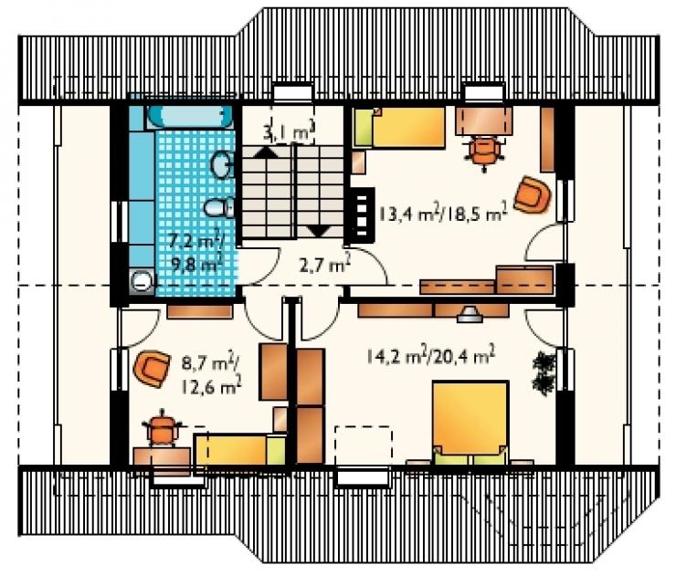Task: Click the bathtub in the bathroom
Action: tap(190, 116)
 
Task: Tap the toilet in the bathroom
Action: tap(219, 207)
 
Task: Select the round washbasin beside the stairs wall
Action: tap(222, 164)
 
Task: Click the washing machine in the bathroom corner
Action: tap(142, 281)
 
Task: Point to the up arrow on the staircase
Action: tap(268, 152)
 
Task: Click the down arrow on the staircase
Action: tap(320, 231)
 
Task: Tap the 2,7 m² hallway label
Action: tap(324, 264)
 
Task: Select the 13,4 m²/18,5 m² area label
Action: tap(443, 214)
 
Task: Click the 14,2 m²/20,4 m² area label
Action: tap(430, 356)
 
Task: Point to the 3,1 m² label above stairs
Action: tap(289, 132)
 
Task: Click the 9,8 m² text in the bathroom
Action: tap(197, 263)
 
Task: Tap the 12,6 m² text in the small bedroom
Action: tap(209, 387)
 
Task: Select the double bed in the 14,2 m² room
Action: tap(470, 423)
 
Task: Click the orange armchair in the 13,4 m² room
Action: tap(532, 194)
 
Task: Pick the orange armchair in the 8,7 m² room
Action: tap(152, 369)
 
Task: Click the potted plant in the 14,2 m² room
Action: tap(544, 372)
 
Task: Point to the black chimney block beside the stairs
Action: tap(362, 215)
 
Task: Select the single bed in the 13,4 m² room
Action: tap(399, 128)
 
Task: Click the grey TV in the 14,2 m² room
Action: tap(470, 315)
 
